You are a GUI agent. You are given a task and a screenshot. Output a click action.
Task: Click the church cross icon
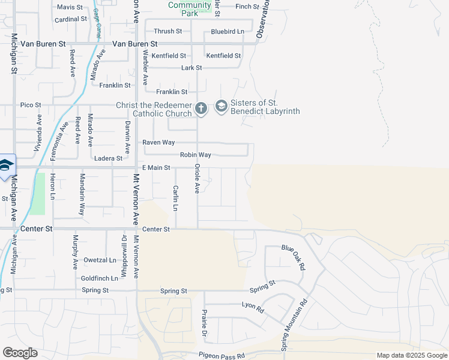point(200,108)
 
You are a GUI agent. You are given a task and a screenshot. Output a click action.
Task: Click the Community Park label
point(190,8)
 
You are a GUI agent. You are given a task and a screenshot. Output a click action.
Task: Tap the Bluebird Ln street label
point(228,31)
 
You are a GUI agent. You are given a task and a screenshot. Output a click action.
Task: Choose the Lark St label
point(191,68)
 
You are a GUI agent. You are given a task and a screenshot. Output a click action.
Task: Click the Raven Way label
point(158,143)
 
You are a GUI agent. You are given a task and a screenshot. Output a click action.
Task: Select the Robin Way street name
point(196,155)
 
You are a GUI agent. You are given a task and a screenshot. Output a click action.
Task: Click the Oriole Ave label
point(196,178)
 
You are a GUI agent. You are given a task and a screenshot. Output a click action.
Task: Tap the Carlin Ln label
point(176,198)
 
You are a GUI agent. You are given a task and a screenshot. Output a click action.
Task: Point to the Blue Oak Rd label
point(294,257)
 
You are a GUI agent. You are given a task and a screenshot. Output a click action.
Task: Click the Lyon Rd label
point(253,307)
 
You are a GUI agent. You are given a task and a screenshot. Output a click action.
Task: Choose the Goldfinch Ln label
point(99,278)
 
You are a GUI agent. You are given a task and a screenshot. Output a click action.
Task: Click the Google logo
point(20,353)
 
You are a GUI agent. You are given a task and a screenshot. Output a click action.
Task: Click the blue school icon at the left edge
point(6,165)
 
